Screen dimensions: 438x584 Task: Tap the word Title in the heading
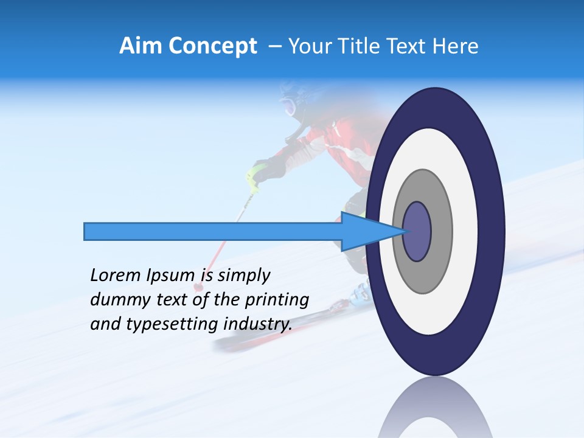(375, 46)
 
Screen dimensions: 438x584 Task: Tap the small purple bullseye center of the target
(417, 231)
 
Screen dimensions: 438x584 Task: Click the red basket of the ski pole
(198, 286)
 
